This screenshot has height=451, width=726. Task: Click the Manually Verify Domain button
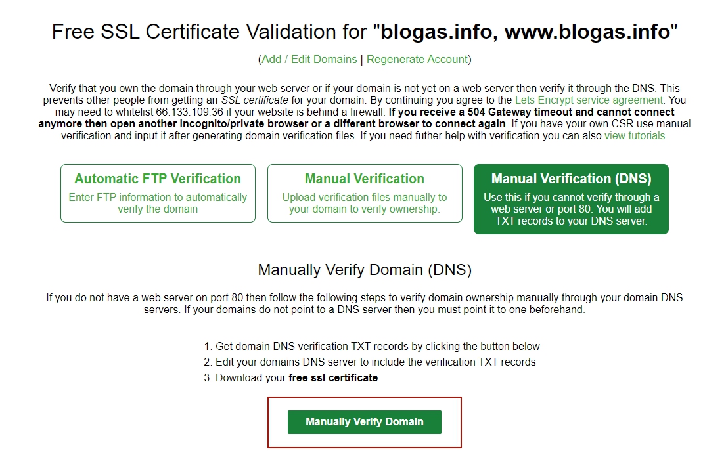[x=365, y=422]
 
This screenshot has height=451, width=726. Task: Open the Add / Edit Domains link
[x=309, y=60]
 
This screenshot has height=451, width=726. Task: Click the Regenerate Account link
[x=417, y=60]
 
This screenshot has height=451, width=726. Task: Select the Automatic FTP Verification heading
[x=158, y=179]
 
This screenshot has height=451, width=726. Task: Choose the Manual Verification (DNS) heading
[x=572, y=179]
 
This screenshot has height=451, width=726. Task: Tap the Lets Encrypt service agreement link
[x=589, y=100]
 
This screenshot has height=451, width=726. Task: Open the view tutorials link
[x=635, y=136]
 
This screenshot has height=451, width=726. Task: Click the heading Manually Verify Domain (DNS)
[x=365, y=270]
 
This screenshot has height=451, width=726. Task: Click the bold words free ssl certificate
[x=333, y=378]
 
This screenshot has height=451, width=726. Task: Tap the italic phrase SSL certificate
[x=254, y=100]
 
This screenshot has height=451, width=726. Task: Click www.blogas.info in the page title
[x=587, y=32]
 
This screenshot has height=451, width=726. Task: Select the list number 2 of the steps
[x=208, y=362]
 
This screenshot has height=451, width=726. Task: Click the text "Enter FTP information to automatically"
[x=158, y=198]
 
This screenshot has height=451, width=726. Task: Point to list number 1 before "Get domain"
[x=208, y=347]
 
